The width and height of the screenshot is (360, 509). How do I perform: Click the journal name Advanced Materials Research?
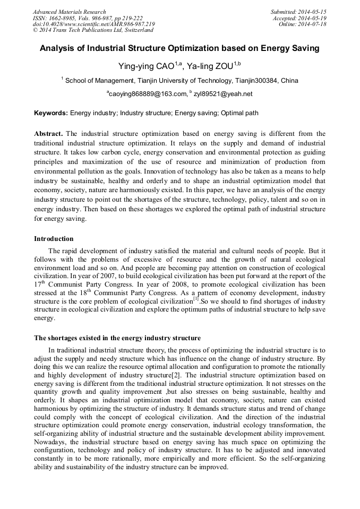(x=69, y=12)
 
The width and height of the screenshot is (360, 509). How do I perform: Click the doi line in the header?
(x=93, y=24)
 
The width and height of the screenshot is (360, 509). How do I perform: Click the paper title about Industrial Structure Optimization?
(x=179, y=48)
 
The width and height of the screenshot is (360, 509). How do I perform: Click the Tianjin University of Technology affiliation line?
(x=179, y=81)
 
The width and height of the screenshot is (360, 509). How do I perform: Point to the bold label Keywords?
(x=51, y=113)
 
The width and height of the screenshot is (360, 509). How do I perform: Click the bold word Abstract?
(x=48, y=134)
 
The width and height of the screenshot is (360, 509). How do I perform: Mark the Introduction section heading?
(x=54, y=239)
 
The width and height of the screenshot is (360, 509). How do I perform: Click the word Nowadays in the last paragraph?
(x=50, y=442)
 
